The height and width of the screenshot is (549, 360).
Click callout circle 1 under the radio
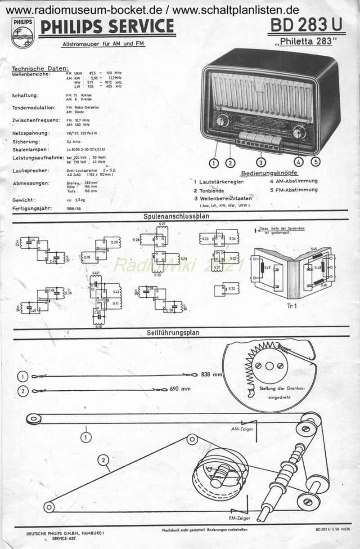pyautogui.click(x=214, y=163)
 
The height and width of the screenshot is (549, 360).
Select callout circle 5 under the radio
pyautogui.click(x=316, y=162)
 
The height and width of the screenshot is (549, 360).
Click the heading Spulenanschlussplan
pyautogui.click(x=176, y=216)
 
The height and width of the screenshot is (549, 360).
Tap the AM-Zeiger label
pyautogui.click(x=241, y=429)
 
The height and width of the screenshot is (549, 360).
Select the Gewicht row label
pyautogui.click(x=24, y=200)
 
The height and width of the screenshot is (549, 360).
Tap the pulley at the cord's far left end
pyautogui.click(x=33, y=420)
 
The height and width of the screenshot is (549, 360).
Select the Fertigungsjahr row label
pyautogui.click(x=32, y=209)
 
